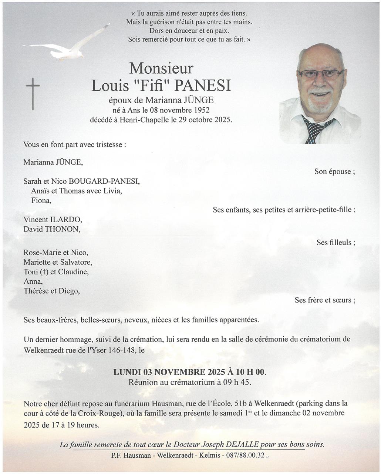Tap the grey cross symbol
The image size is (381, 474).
click(x=33, y=93)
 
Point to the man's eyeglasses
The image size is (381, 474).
click(x=320, y=74)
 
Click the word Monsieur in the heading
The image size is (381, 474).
click(x=161, y=68)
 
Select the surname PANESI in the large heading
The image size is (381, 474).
click(x=203, y=86)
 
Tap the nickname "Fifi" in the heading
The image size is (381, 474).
click(x=151, y=86)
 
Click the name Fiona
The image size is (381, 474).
click(x=41, y=200)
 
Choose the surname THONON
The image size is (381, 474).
click(x=62, y=229)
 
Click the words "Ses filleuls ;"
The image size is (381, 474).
click(x=336, y=243)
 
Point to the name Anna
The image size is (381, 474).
click(x=33, y=281)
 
